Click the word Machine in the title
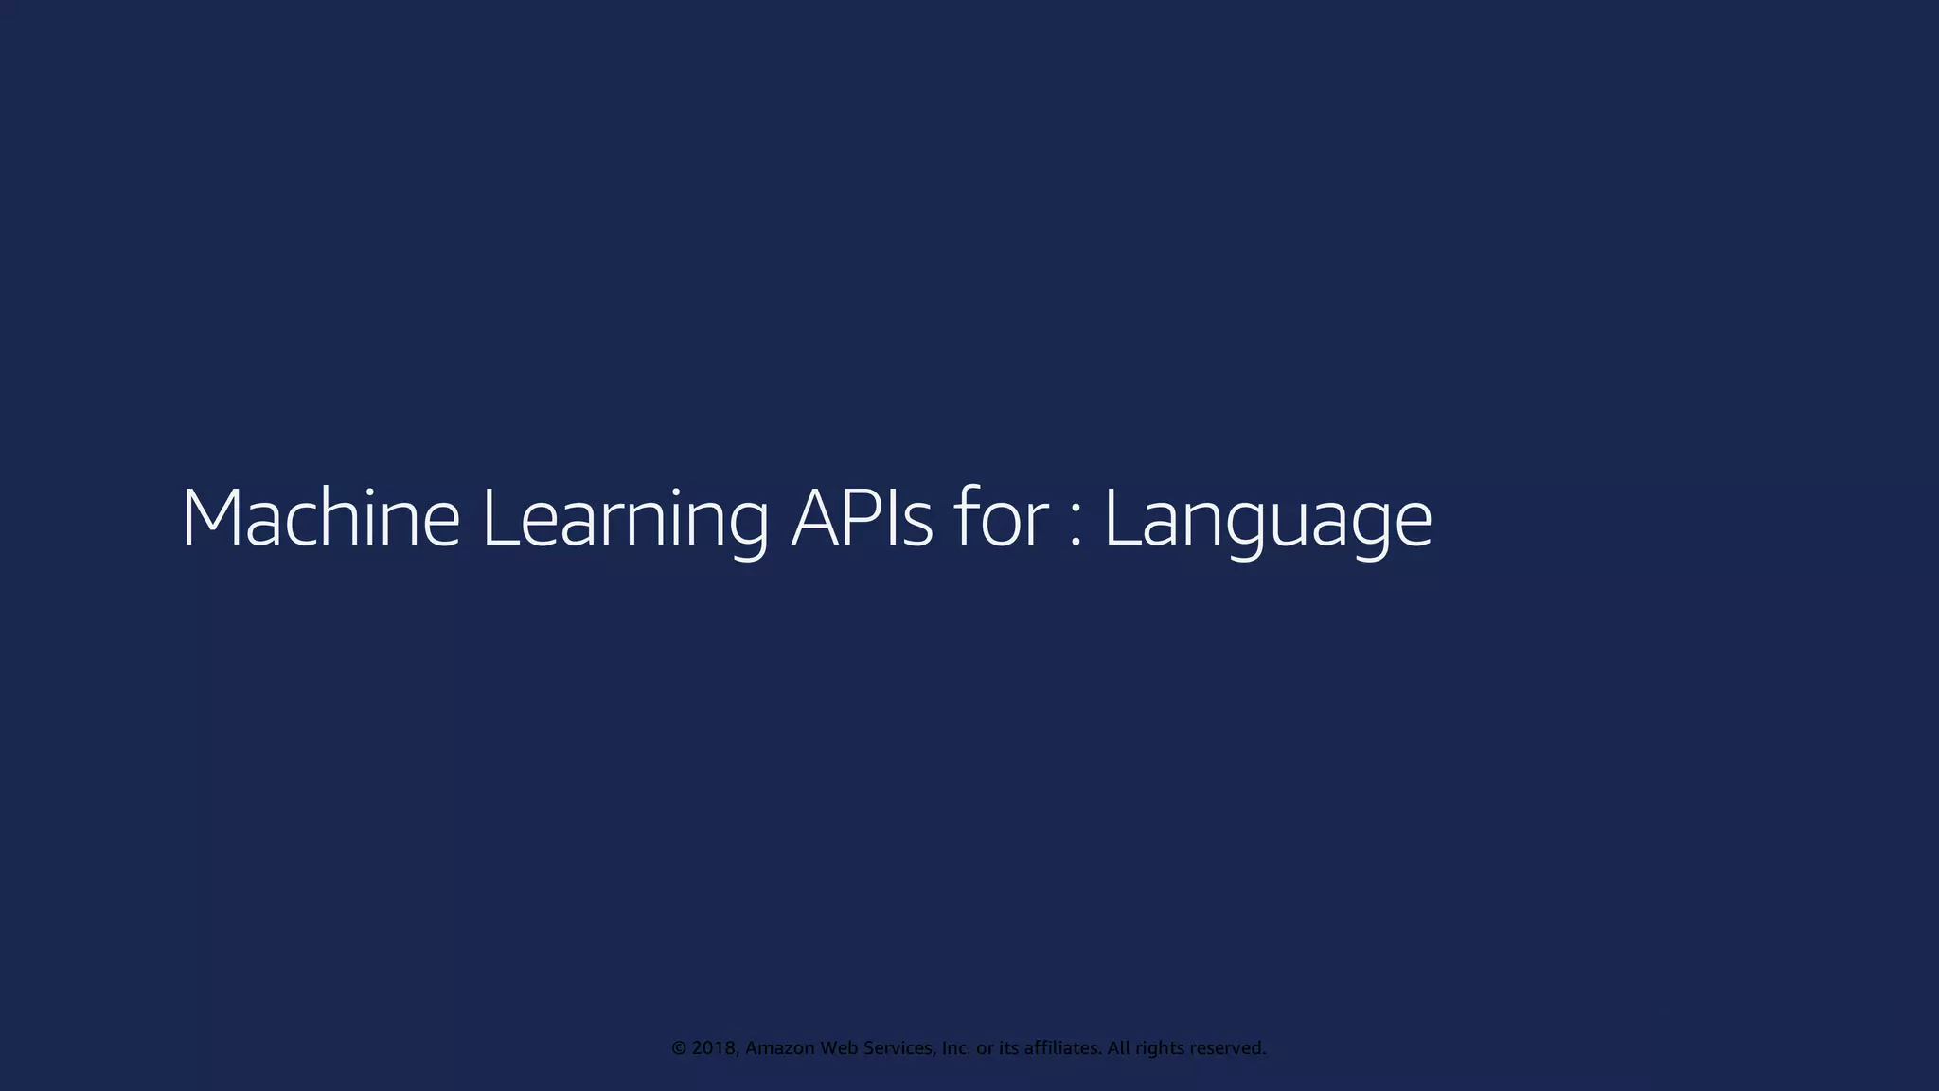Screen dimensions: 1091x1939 tap(320, 518)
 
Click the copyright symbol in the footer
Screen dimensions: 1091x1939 tap(679, 1048)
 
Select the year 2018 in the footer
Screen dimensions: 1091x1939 tap(714, 1048)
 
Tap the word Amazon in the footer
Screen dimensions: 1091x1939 tap(780, 1048)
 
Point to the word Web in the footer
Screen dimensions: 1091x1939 tap(839, 1048)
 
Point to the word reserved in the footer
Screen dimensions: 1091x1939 tap(1227, 1048)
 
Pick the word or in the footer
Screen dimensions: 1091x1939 tap(985, 1048)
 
